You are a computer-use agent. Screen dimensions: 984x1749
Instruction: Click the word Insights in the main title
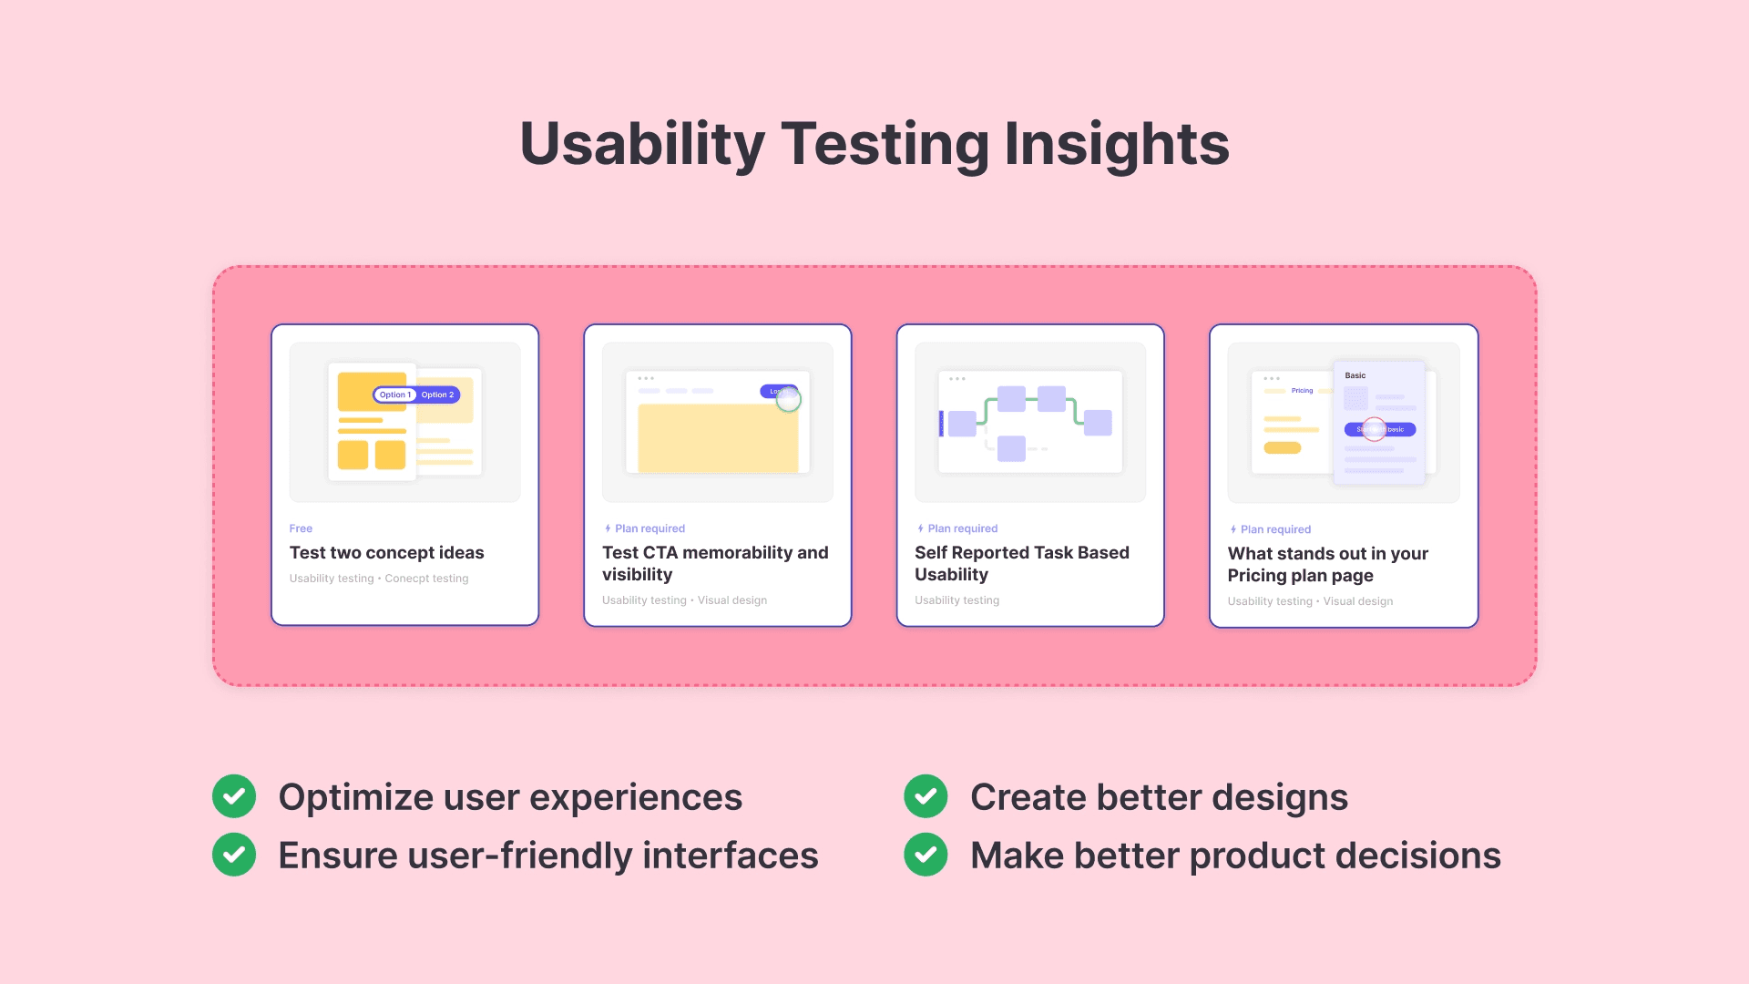point(1116,144)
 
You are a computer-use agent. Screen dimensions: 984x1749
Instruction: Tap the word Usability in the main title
point(641,144)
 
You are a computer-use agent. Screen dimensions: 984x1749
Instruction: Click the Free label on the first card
point(301,528)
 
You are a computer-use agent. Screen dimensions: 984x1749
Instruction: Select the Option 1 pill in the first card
point(395,395)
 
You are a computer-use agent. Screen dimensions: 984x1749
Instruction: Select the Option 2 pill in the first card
point(437,395)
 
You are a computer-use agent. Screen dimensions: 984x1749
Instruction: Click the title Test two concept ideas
point(386,553)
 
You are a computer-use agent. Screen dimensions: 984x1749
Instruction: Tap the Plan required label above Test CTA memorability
point(649,528)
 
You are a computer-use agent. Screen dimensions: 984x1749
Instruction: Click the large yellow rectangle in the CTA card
point(717,437)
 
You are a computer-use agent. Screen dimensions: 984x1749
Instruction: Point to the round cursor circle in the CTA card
point(788,399)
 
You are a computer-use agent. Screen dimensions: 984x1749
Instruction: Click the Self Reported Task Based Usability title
point(1021,563)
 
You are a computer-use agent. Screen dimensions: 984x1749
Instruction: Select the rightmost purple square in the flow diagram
point(1098,423)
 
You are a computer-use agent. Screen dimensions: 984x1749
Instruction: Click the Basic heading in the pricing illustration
point(1355,375)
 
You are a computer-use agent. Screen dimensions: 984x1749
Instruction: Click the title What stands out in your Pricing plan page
point(1326,564)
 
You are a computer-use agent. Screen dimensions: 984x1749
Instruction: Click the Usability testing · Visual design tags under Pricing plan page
point(1309,601)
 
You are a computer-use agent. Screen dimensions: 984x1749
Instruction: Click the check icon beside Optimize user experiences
point(234,796)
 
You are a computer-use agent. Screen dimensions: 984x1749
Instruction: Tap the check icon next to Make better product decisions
point(926,855)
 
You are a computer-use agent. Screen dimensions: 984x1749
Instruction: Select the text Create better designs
point(1158,797)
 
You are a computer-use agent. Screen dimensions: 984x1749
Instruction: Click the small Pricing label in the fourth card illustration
point(1302,390)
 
